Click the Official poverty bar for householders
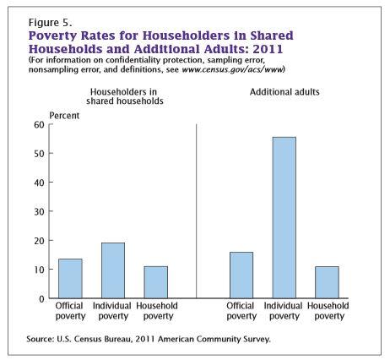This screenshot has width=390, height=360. (x=70, y=278)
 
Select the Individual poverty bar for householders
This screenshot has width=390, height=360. (x=113, y=270)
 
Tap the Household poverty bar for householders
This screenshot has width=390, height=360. (x=156, y=282)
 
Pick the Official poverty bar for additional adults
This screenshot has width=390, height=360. (x=241, y=275)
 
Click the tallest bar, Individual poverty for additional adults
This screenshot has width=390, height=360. (x=284, y=217)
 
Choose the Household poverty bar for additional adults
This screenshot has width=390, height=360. (x=327, y=282)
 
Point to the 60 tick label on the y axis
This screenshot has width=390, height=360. (x=40, y=125)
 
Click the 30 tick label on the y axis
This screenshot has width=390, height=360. (x=40, y=211)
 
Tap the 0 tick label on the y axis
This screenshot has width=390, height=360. (x=42, y=299)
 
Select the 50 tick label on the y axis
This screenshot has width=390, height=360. (x=40, y=154)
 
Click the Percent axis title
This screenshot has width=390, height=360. (x=64, y=116)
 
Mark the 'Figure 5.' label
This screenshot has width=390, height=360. (x=50, y=23)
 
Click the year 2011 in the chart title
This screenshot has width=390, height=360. (x=268, y=49)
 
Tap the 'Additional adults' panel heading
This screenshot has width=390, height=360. (x=284, y=92)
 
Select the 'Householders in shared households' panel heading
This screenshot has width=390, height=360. (x=125, y=96)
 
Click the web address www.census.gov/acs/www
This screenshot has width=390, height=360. (x=232, y=69)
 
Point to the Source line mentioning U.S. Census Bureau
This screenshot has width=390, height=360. (x=149, y=339)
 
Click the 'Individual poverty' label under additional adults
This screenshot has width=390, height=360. (x=283, y=311)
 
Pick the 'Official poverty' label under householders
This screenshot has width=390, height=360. (x=70, y=311)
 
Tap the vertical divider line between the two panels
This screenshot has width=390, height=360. (x=197, y=211)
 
